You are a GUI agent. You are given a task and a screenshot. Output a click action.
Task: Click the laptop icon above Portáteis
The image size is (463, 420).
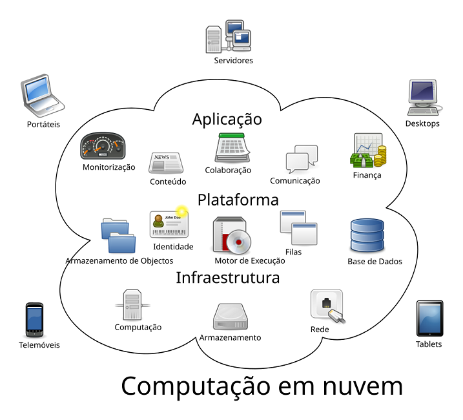pos(42,96)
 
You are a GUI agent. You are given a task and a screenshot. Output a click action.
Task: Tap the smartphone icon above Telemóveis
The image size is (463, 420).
pos(34,320)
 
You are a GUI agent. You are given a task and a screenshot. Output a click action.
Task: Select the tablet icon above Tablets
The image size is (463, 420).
pos(429,319)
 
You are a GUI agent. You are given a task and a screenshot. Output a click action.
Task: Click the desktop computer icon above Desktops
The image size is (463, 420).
pos(424,98)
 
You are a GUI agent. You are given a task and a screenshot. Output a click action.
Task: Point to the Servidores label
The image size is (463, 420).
pos(233,61)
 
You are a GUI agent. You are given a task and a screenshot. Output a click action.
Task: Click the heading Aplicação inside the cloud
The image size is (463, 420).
pos(227,120)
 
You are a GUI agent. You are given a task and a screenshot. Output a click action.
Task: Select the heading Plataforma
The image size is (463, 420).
pos(238,200)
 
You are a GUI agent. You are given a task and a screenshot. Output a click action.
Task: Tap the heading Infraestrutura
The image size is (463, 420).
pos(228,278)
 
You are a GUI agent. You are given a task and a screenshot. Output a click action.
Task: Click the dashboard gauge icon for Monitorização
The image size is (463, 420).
pos(103,146)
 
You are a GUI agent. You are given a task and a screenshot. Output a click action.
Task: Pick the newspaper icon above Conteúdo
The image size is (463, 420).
pos(166,163)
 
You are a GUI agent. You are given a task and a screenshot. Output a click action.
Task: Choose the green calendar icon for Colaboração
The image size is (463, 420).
pos(232,147)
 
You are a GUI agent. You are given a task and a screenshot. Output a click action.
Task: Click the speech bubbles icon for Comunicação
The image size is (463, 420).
pos(302,159)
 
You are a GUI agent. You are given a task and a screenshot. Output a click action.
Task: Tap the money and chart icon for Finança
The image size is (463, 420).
pos(368,151)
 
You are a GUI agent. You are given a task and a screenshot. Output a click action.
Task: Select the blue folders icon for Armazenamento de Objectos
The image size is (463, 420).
pos(118,236)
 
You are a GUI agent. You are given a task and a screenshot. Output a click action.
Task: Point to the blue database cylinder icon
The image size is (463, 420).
pos(367,235)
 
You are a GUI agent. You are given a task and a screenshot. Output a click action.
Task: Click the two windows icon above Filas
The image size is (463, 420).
pos(298,227)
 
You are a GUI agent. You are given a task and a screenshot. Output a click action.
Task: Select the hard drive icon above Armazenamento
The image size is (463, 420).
pos(231,317)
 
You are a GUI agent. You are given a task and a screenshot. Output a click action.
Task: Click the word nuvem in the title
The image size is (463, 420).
pos(363,386)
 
